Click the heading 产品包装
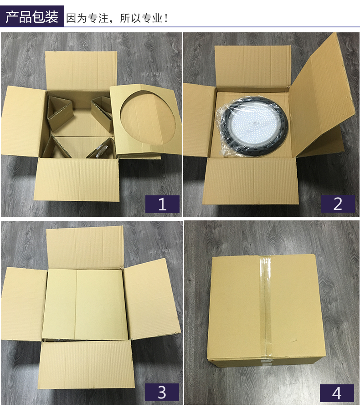(x=32, y=17)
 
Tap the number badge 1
(x=162, y=204)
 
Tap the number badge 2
(x=338, y=204)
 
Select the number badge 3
(x=162, y=392)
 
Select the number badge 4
(x=337, y=393)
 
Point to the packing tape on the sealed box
(x=266, y=307)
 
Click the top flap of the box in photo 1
(x=81, y=71)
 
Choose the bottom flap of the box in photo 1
(x=77, y=179)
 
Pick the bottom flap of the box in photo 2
(x=251, y=181)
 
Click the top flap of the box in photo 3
(x=85, y=247)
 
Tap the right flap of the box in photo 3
(x=152, y=299)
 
